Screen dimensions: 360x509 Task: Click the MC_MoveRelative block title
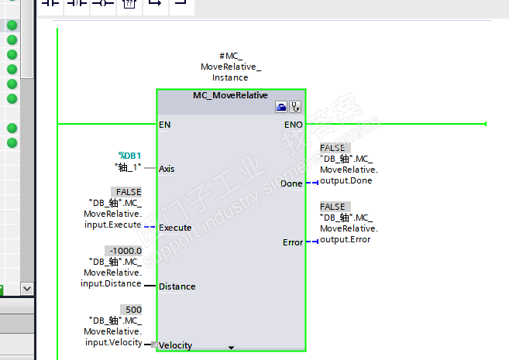coord(230,96)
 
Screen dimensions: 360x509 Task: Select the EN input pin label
coord(165,124)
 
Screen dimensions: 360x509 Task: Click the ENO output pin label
coord(293,124)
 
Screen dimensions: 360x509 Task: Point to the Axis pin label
coord(167,168)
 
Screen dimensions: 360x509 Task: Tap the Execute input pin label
coord(175,228)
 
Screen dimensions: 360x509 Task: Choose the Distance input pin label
coord(177,286)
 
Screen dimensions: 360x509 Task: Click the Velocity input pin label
coord(176,345)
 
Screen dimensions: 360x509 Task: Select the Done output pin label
coord(292,183)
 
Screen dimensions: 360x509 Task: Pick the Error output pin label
coord(293,242)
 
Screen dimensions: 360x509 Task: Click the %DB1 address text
coord(129,156)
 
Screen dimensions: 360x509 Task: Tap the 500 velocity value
coord(133,310)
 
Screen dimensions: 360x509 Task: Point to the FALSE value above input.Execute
coord(129,192)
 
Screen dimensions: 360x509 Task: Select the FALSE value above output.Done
coord(333,148)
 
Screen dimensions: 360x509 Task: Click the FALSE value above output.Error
coord(333,207)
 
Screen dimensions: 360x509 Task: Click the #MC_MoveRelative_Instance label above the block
coord(230,67)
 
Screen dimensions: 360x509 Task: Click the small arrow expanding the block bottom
coord(231,347)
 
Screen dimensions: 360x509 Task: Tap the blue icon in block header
coord(281,107)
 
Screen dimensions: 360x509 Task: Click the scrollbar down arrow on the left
coord(28,288)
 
